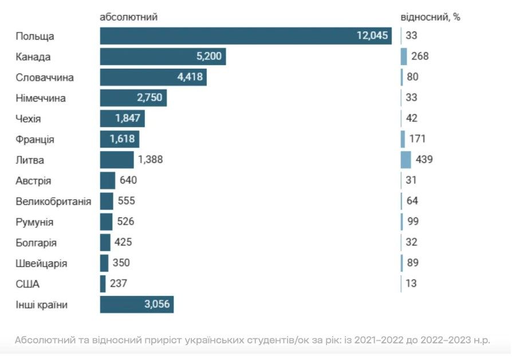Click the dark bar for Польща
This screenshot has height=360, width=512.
(x=246, y=36)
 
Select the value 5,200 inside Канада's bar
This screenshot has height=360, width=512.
(x=209, y=56)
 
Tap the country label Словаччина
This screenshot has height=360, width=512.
(x=45, y=77)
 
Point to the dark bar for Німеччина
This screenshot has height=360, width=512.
(x=133, y=98)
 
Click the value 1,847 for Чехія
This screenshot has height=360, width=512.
(x=128, y=118)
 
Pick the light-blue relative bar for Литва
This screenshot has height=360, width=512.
(x=406, y=160)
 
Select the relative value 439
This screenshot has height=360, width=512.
(x=424, y=159)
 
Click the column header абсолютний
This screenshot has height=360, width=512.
(x=129, y=17)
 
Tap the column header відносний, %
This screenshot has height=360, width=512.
(x=430, y=17)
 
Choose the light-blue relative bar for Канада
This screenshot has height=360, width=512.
(x=404, y=57)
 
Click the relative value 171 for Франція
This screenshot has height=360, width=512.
(x=418, y=139)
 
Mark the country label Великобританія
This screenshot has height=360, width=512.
(x=53, y=201)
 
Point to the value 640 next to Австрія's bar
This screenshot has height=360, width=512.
(x=128, y=180)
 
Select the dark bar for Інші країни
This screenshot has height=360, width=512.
(x=137, y=304)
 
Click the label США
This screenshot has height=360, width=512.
(x=27, y=284)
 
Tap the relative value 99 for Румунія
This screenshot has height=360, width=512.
(x=413, y=221)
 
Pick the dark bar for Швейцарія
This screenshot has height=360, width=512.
(x=104, y=263)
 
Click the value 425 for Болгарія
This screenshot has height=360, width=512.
(x=123, y=242)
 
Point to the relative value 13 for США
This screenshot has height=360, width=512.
(x=411, y=283)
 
